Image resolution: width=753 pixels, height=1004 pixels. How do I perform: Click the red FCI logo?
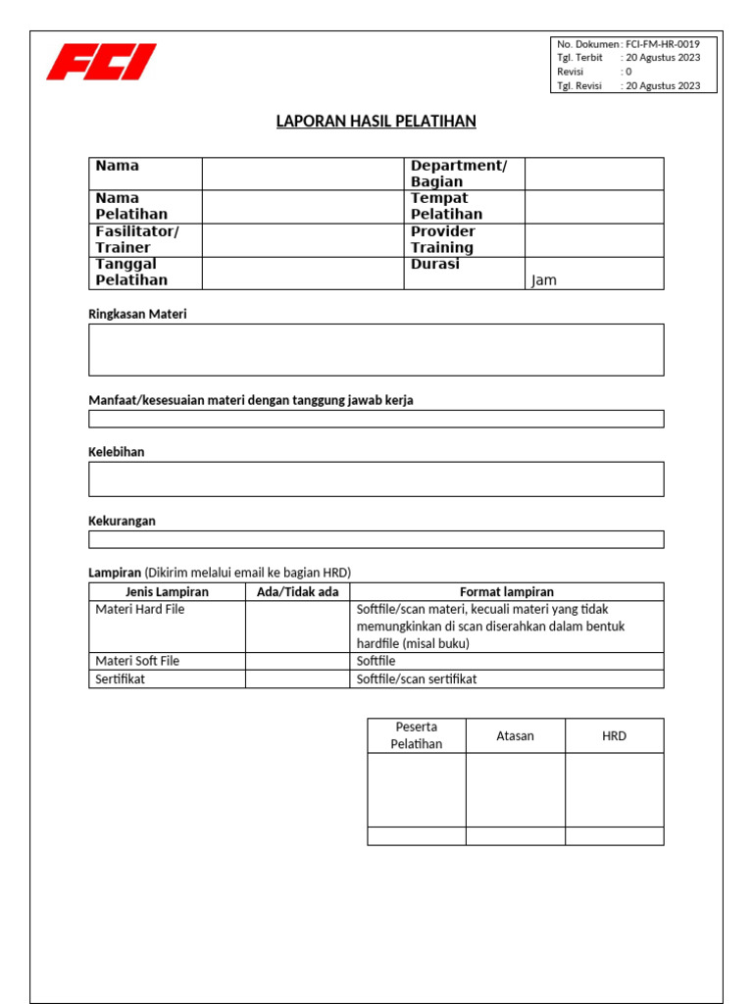(x=101, y=62)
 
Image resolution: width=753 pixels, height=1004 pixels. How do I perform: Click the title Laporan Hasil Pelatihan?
(x=376, y=122)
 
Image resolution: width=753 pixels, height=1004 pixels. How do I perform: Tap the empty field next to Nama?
(x=303, y=174)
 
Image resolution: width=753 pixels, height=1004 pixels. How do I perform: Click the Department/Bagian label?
(x=458, y=174)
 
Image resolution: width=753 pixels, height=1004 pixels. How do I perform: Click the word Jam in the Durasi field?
(x=543, y=280)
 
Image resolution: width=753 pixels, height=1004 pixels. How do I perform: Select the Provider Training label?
(x=442, y=239)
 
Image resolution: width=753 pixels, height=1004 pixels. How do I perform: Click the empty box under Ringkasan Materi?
(x=376, y=350)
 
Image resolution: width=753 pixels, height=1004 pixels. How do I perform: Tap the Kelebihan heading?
(x=117, y=452)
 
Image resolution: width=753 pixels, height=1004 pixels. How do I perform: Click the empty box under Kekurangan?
(x=376, y=539)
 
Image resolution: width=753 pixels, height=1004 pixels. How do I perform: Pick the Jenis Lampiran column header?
(x=167, y=592)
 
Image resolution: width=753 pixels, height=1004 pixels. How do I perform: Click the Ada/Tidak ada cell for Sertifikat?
(x=297, y=679)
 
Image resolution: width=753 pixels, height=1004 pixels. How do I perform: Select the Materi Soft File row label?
(x=137, y=661)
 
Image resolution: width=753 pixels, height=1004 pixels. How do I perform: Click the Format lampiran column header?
(x=506, y=592)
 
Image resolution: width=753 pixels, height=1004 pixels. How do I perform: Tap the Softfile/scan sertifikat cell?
(x=417, y=679)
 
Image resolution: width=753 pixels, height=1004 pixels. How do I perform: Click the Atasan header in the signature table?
(x=515, y=735)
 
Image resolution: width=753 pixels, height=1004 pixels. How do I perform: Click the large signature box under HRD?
(x=615, y=790)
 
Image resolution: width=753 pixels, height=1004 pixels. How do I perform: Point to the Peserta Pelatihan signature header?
(x=416, y=735)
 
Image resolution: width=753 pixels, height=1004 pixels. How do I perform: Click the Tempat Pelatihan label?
(x=446, y=206)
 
